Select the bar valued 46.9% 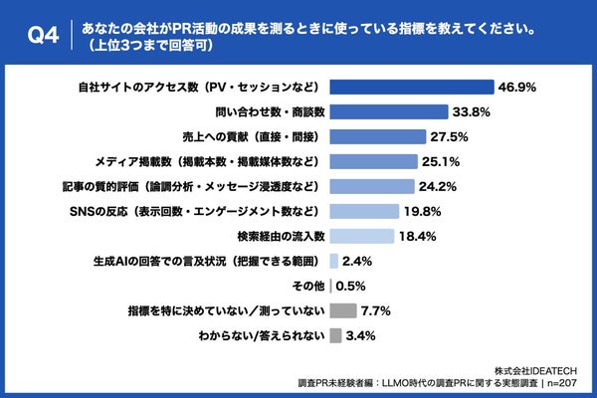tap(411, 87)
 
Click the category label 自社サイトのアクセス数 tap(198, 87)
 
